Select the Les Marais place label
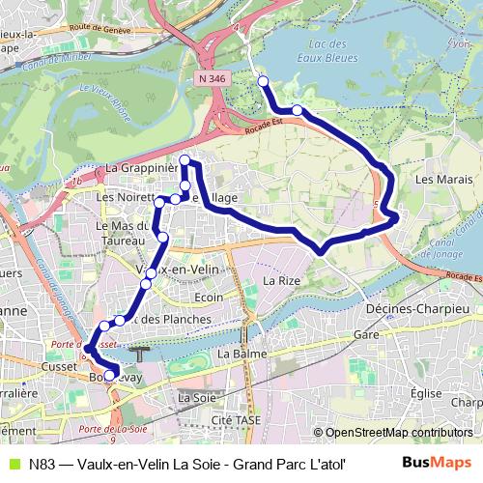pyautogui.click(x=436, y=179)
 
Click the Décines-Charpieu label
pyautogui.click(x=416, y=308)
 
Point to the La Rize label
pyautogui.click(x=281, y=280)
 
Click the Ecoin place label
pyautogui.click(x=210, y=298)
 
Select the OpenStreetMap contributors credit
pyautogui.click(x=399, y=433)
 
